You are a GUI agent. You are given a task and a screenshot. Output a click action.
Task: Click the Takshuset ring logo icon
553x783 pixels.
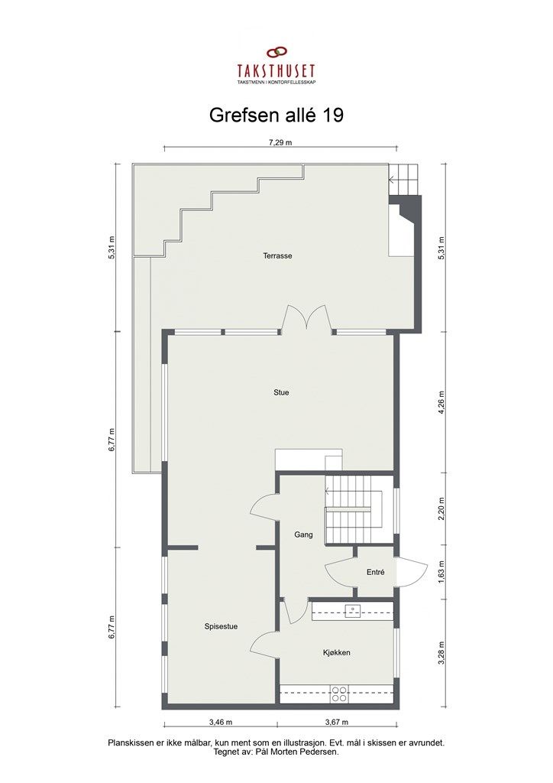276,54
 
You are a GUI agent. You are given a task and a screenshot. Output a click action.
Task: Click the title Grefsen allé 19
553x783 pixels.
276,115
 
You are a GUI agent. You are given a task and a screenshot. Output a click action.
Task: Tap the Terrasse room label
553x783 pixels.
278,256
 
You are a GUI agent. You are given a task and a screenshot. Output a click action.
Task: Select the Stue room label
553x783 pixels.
281,392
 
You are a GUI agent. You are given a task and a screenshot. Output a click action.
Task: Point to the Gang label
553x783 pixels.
303,535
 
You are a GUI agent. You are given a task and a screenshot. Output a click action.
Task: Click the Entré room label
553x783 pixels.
375,572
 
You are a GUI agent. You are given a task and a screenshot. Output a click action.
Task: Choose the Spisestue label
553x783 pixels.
221,626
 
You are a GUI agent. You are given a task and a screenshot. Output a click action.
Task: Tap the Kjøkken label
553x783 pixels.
336,652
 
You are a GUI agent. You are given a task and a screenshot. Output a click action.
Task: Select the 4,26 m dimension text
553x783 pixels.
441,401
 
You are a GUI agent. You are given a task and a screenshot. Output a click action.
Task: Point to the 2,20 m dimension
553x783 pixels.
441,508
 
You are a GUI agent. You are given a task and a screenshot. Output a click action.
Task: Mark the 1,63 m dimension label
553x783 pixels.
441,572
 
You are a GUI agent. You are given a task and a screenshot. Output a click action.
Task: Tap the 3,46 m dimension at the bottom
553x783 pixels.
220,721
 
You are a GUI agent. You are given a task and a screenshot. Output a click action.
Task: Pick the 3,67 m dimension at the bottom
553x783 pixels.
337,721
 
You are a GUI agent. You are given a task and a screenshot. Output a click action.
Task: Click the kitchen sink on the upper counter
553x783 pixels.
353,610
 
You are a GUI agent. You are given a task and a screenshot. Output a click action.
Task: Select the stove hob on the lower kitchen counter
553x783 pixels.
339,694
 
